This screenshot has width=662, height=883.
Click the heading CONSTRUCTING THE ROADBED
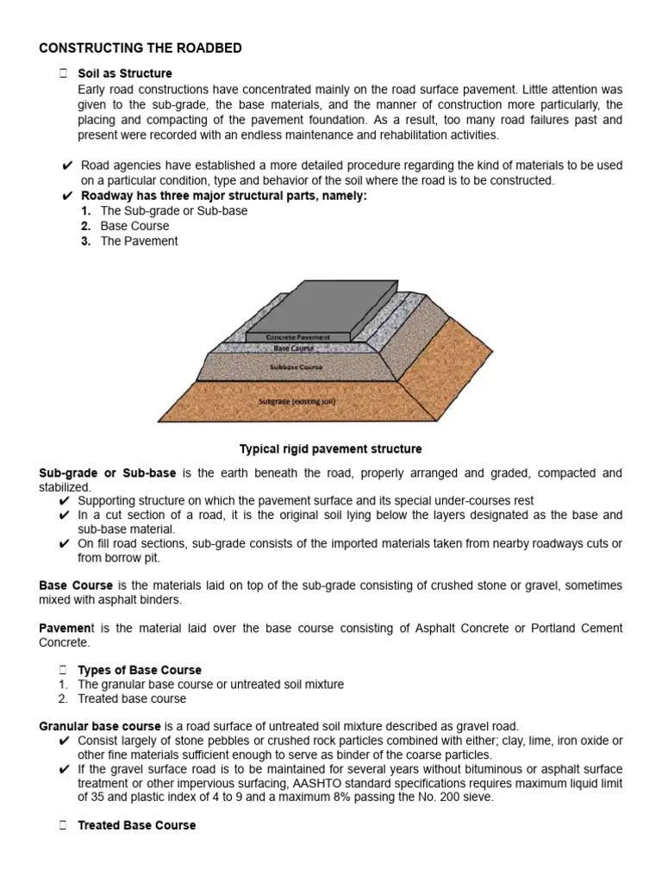tap(141, 48)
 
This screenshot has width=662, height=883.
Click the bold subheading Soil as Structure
tap(125, 73)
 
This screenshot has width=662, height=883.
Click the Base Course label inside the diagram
tap(294, 348)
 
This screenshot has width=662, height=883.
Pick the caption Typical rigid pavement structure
tap(330, 449)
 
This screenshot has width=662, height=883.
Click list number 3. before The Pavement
tap(85, 241)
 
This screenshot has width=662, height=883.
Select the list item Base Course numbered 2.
tap(134, 226)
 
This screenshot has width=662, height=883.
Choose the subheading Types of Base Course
tap(140, 669)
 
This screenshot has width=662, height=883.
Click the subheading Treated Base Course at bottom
tap(136, 825)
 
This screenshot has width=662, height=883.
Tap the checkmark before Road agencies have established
tap(67, 166)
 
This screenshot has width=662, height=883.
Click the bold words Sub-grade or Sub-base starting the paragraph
tap(108, 473)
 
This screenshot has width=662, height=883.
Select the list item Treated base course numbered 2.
tap(132, 698)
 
